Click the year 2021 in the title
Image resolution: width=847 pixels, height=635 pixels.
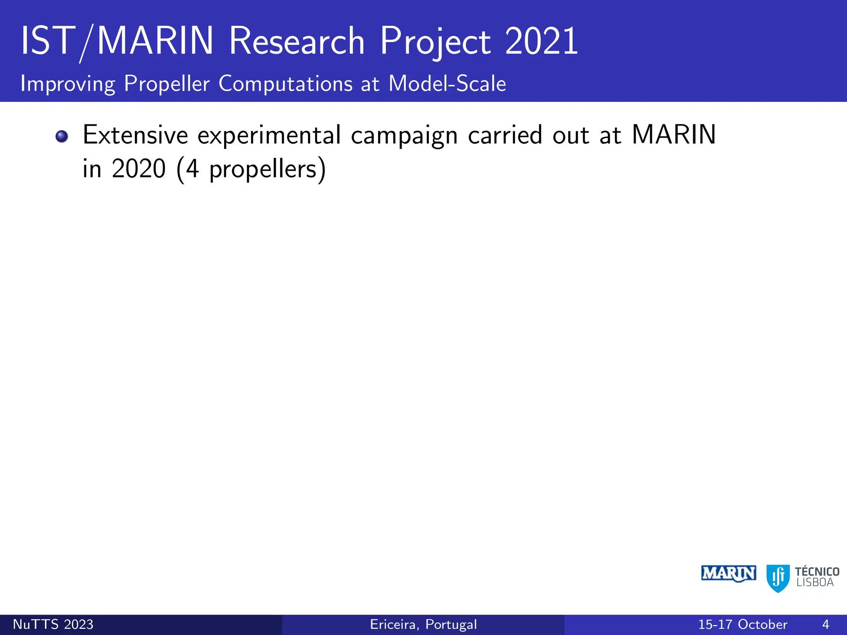coord(541,41)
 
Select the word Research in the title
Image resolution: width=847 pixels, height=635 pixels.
coord(297,41)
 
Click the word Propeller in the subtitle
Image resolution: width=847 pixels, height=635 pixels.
coord(167,84)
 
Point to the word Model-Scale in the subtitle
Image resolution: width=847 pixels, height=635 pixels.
coord(447,84)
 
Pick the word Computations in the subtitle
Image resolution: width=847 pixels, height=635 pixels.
coord(286,84)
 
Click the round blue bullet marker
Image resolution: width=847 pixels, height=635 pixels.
coord(62,136)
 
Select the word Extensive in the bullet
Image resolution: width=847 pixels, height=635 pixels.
coord(135,135)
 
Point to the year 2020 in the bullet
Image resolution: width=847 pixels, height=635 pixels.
coord(139,169)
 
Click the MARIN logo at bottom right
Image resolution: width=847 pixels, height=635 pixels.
coord(729,573)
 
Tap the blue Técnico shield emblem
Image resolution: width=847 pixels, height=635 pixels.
coord(778,578)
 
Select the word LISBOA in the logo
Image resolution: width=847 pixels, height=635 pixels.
coord(815,582)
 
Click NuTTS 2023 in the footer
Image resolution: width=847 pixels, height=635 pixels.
coord(53,624)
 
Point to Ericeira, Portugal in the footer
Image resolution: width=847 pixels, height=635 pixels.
coord(423,624)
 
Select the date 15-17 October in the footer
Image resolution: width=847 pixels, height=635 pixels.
coord(742,624)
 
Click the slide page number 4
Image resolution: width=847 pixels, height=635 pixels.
coord(825,624)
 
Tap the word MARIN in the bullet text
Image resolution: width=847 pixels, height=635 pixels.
coord(674,135)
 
